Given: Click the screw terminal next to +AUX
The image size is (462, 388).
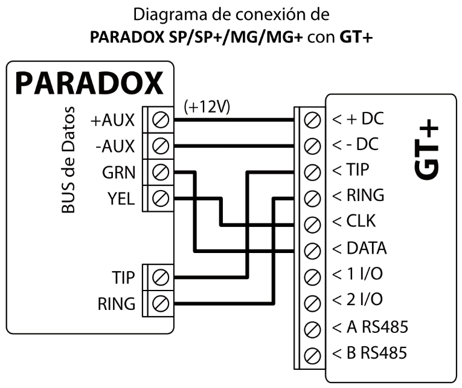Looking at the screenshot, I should coord(161,120).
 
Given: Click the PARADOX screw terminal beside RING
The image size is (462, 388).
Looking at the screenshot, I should coord(161,303).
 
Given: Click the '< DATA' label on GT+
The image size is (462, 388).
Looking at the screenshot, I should coord(359,249).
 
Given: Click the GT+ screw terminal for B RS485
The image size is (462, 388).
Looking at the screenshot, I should coord(312,353).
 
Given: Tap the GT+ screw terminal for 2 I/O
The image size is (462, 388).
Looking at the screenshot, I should coord(312,301).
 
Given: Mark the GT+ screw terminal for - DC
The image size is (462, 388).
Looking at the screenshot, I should coord(312,146).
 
